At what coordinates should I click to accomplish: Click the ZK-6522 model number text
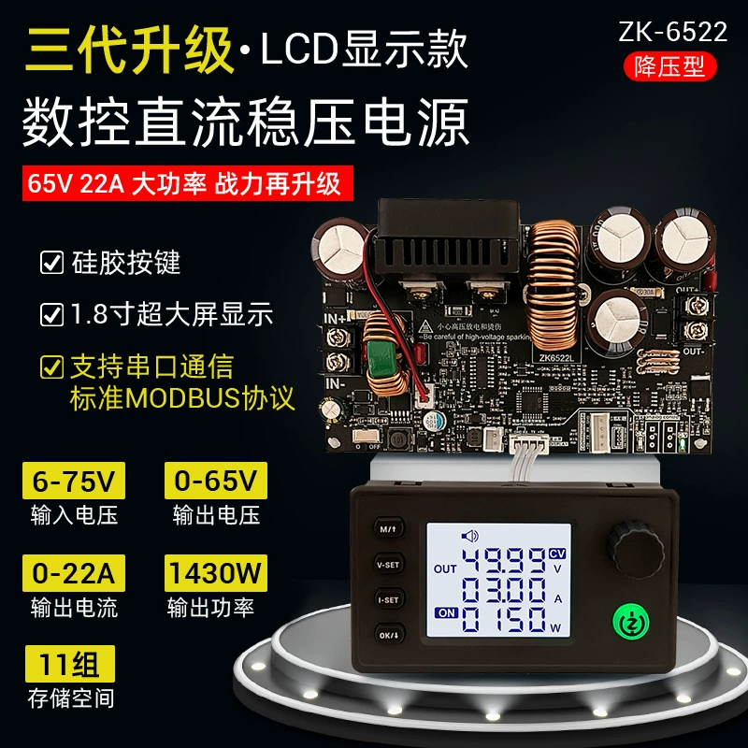672,31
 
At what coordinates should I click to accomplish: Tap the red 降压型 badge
672,65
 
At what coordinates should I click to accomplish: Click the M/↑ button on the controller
387,527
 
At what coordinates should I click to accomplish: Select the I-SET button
387,598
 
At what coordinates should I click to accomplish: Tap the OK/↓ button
387,634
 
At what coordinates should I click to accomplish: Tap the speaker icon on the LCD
468,537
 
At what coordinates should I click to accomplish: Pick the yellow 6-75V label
72,482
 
